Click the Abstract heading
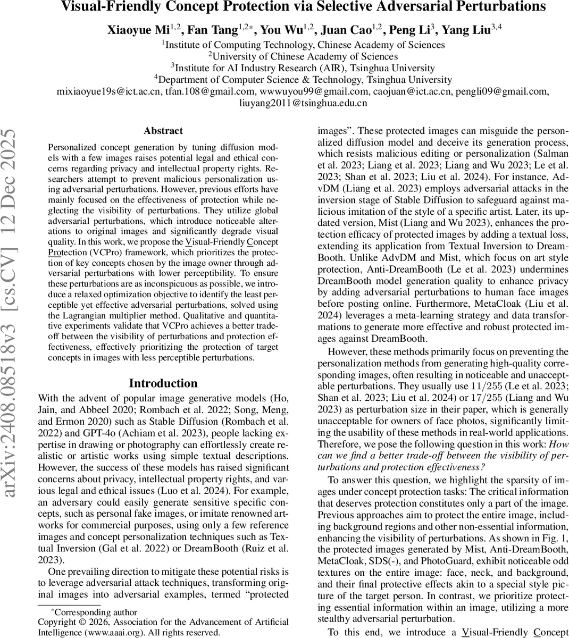163,131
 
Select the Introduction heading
163,383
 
